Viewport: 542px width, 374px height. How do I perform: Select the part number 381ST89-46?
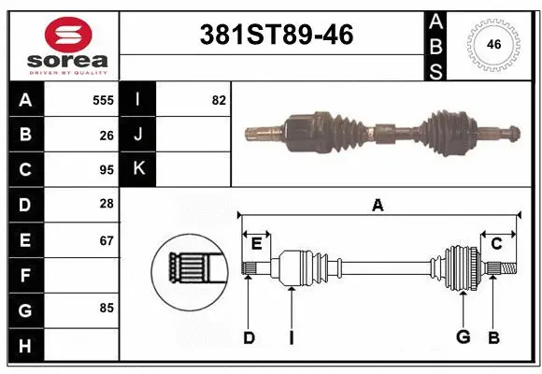pos(278,35)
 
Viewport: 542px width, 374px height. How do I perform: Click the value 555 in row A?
pos(103,100)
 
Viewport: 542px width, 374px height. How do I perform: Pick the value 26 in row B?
pos(106,136)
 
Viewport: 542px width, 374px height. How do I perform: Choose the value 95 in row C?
pos(106,171)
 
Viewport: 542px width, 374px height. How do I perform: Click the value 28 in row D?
pos(106,205)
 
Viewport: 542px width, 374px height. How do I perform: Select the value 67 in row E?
pos(106,240)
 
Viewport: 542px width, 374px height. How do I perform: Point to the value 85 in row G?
pos(106,307)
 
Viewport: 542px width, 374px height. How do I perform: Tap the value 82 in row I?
pos(219,100)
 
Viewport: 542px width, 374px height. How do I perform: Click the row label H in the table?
pos(24,346)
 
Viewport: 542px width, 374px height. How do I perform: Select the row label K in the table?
pos(138,170)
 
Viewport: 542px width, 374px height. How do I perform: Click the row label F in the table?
pos(24,275)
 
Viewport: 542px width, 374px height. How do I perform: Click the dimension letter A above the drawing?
pos(378,206)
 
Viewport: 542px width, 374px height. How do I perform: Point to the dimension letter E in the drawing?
pos(256,244)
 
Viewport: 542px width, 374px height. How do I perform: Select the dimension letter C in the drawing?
pos(496,244)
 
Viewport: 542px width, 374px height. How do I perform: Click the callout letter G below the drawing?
pos(462,338)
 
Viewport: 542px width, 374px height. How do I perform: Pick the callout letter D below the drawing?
pos(249,338)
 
